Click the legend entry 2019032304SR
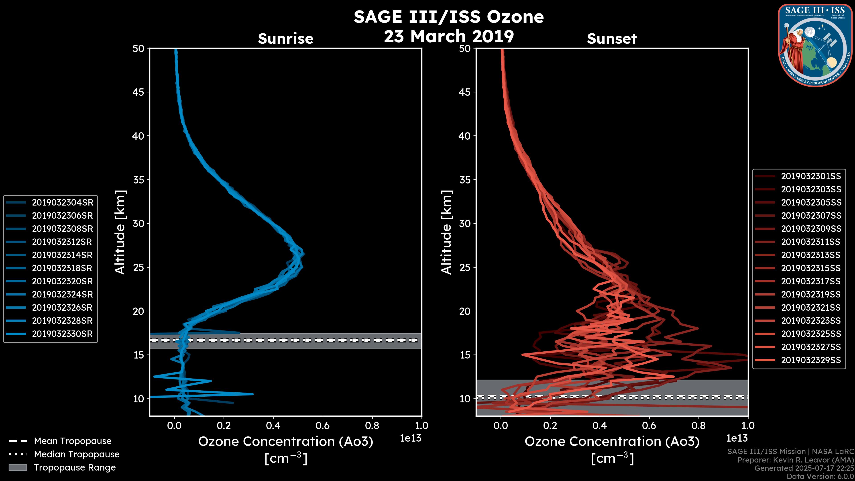(x=62, y=202)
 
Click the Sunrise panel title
(x=285, y=39)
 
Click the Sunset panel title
(x=612, y=39)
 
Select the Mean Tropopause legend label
(x=73, y=441)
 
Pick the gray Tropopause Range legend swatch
(x=18, y=468)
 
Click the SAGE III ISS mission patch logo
(x=815, y=45)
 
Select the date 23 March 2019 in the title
(x=449, y=36)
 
